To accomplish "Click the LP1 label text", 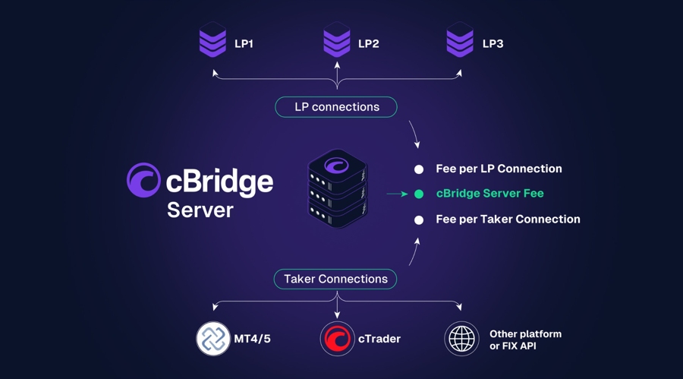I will [x=244, y=44].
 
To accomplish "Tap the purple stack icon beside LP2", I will [x=337, y=40].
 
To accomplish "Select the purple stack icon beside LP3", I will [x=460, y=40].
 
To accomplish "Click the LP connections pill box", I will [x=336, y=107].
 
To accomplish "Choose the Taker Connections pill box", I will [x=335, y=280].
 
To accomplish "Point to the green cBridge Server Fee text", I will [x=489, y=194].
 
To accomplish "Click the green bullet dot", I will [x=418, y=194].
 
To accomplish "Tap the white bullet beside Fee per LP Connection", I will [x=418, y=169].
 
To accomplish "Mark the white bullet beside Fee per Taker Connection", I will [x=418, y=220].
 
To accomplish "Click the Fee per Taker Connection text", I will [x=508, y=220].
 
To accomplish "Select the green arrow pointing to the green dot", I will [x=397, y=194].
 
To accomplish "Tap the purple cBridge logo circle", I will [x=143, y=180].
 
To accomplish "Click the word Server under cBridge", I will [x=200, y=210].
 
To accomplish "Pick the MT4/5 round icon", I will [x=213, y=339].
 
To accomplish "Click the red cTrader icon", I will [x=337, y=339].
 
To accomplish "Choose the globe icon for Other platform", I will [x=461, y=339].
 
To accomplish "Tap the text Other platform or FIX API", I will [x=525, y=340].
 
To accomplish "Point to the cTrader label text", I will [x=379, y=340].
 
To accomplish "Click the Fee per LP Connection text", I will [x=499, y=169].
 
